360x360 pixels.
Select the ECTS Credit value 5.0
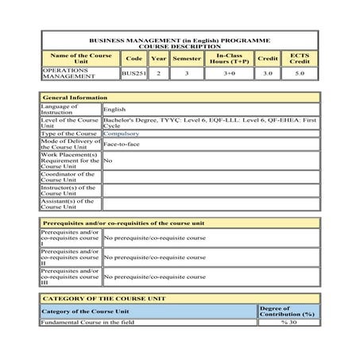tap(299, 73)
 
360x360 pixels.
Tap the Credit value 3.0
tap(267, 73)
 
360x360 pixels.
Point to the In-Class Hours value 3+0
tap(229, 73)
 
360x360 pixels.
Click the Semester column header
tap(187, 58)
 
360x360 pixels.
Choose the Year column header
tap(158, 58)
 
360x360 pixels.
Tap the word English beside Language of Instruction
tap(115, 110)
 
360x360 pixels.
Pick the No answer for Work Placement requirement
tap(107, 161)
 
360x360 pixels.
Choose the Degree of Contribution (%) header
tap(287, 311)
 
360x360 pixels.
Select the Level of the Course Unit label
tap(70, 122)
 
